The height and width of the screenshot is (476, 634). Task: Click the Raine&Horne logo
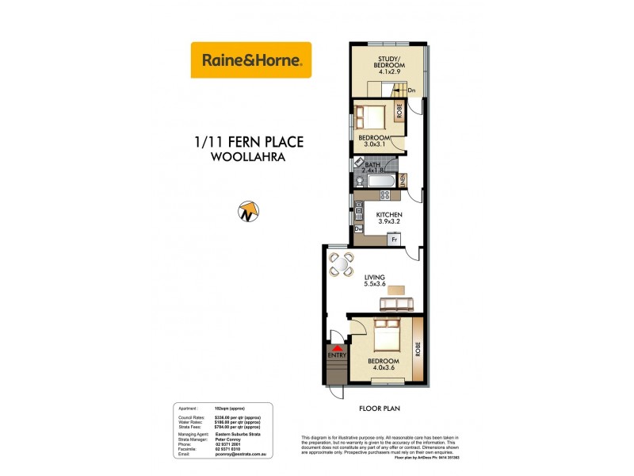[251, 59]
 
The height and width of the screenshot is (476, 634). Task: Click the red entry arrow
[338, 347]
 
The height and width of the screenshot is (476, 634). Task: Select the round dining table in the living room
[342, 265]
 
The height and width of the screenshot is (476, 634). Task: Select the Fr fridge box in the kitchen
[391, 239]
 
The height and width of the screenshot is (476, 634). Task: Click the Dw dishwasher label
[359, 230]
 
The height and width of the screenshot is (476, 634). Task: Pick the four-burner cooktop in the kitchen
[359, 213]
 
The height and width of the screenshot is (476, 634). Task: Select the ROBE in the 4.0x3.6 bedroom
[417, 348]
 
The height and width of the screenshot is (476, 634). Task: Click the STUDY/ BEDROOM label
[388, 60]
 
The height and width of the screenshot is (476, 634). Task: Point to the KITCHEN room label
[390, 215]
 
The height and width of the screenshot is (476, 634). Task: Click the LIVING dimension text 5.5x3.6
[374, 284]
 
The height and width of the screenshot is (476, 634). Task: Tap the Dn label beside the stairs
[411, 90]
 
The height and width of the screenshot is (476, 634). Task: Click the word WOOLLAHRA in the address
[249, 157]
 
